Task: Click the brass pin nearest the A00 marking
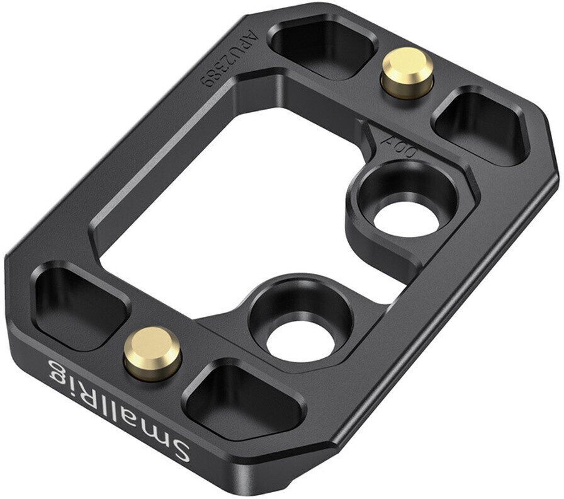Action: tap(407, 73)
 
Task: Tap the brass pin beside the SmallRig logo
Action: tap(152, 353)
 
